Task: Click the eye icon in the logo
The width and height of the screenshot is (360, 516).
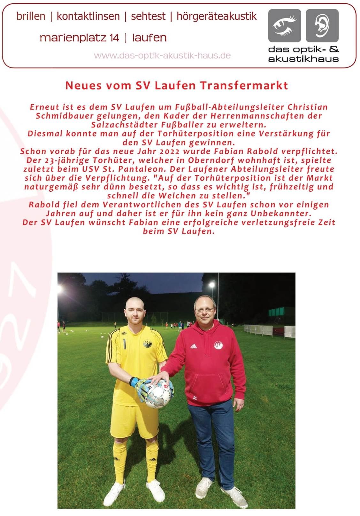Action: point(284,26)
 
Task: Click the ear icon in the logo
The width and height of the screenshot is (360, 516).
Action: point(322,26)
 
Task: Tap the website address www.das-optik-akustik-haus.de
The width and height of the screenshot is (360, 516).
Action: point(162,56)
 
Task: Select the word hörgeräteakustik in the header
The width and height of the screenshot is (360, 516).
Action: point(217,16)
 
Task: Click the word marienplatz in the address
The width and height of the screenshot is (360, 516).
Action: point(79,38)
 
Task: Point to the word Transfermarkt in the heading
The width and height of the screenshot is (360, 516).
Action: point(244,85)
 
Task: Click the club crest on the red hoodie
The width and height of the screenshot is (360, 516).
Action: point(218,345)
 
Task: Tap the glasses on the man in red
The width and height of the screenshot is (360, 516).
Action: point(204,310)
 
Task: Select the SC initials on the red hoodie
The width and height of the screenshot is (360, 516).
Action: point(195,398)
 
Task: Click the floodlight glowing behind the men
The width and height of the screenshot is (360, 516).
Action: point(211,284)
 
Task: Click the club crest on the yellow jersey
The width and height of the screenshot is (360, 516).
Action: point(147,344)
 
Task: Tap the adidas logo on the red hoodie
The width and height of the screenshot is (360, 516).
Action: point(194,346)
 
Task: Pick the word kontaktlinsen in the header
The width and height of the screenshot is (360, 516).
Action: point(88,16)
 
